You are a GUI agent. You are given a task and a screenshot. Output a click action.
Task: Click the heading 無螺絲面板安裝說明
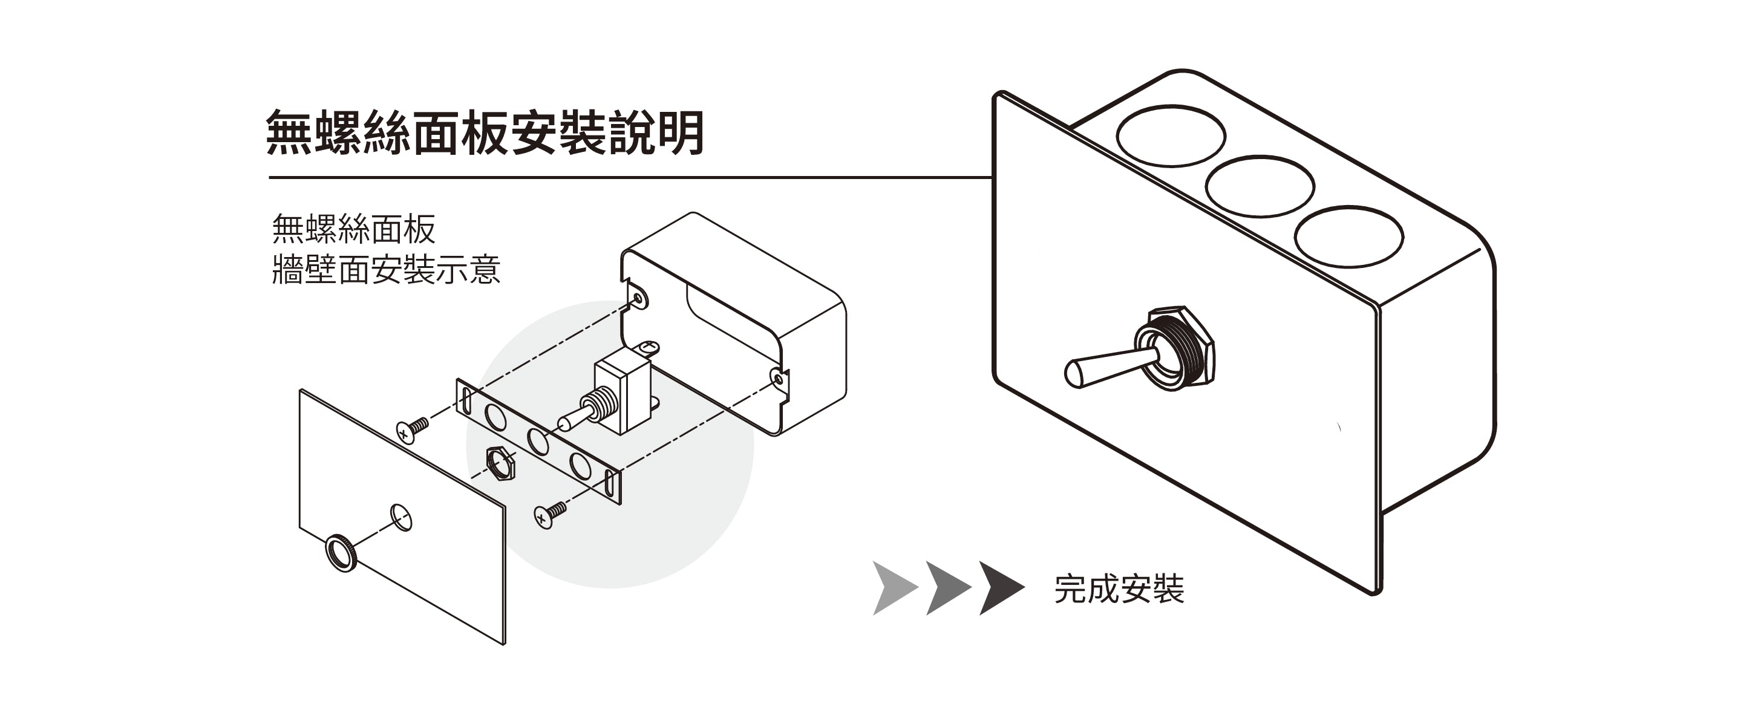click(x=485, y=133)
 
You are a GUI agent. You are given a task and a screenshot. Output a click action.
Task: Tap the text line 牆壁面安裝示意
click(x=385, y=270)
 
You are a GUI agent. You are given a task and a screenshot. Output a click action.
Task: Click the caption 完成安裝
click(x=1119, y=589)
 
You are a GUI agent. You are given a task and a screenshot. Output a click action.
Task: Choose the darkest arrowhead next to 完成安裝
click(x=999, y=588)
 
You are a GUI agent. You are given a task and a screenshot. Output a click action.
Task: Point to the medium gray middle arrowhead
click(x=945, y=588)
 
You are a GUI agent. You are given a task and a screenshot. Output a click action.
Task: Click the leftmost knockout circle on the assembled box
click(x=1171, y=135)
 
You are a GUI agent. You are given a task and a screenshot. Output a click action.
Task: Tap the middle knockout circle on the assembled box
click(x=1259, y=186)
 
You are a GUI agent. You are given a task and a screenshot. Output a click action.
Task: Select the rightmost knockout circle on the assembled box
click(x=1348, y=236)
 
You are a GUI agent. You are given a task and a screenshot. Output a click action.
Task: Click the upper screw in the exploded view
click(x=412, y=429)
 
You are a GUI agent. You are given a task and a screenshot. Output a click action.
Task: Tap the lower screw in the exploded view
click(x=550, y=514)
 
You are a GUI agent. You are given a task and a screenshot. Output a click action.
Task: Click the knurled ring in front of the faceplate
click(x=341, y=552)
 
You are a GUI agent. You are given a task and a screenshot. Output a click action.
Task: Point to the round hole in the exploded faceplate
click(x=400, y=517)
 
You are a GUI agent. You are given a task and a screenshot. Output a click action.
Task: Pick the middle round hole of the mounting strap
click(x=538, y=442)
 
